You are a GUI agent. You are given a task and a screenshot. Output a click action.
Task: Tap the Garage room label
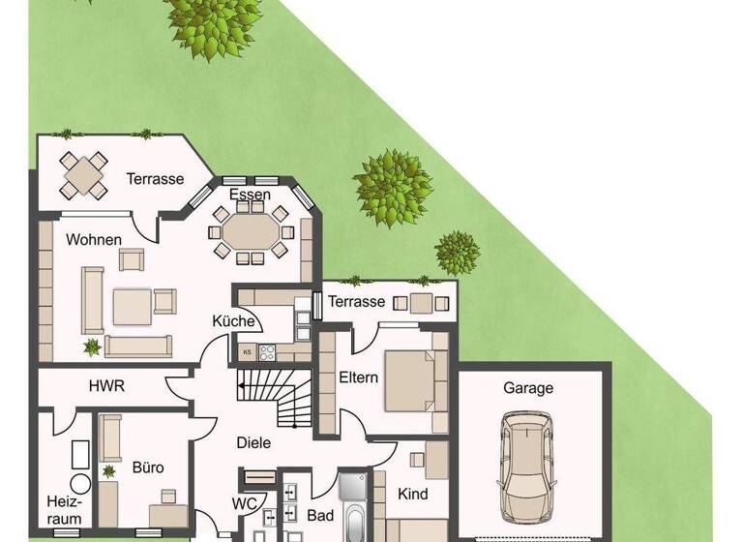(528, 388)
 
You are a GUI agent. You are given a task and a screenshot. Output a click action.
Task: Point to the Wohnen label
(94, 239)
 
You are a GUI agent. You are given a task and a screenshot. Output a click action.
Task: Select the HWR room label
(106, 385)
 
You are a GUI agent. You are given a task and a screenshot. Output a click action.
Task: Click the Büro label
(148, 467)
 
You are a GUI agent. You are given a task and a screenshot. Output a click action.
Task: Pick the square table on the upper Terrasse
(81, 173)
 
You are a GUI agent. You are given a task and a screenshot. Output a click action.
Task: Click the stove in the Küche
(266, 352)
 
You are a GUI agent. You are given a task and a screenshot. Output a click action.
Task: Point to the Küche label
(233, 321)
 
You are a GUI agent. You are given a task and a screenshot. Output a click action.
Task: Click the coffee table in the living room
(132, 307)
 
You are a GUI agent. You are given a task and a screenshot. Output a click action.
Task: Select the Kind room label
(412, 494)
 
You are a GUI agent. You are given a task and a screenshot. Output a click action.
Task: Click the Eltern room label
(358, 377)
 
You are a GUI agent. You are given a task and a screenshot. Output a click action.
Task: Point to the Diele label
(253, 443)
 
